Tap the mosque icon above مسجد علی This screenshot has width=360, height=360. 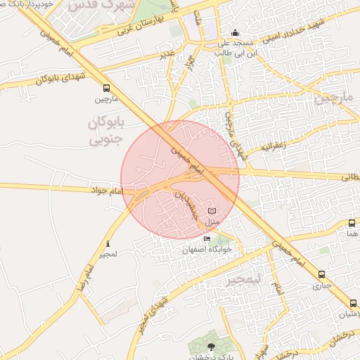tap(235, 32)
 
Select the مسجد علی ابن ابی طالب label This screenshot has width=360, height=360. tap(234, 46)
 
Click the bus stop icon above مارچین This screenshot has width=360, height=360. tap(105, 89)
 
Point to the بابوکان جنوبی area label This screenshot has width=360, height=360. tap(105, 131)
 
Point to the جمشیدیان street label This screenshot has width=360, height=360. tap(186, 204)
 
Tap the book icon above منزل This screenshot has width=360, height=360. tap(212, 211)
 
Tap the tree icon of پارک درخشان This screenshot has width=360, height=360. tap(211, 347)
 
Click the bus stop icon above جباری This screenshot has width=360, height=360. tap(321, 275)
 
